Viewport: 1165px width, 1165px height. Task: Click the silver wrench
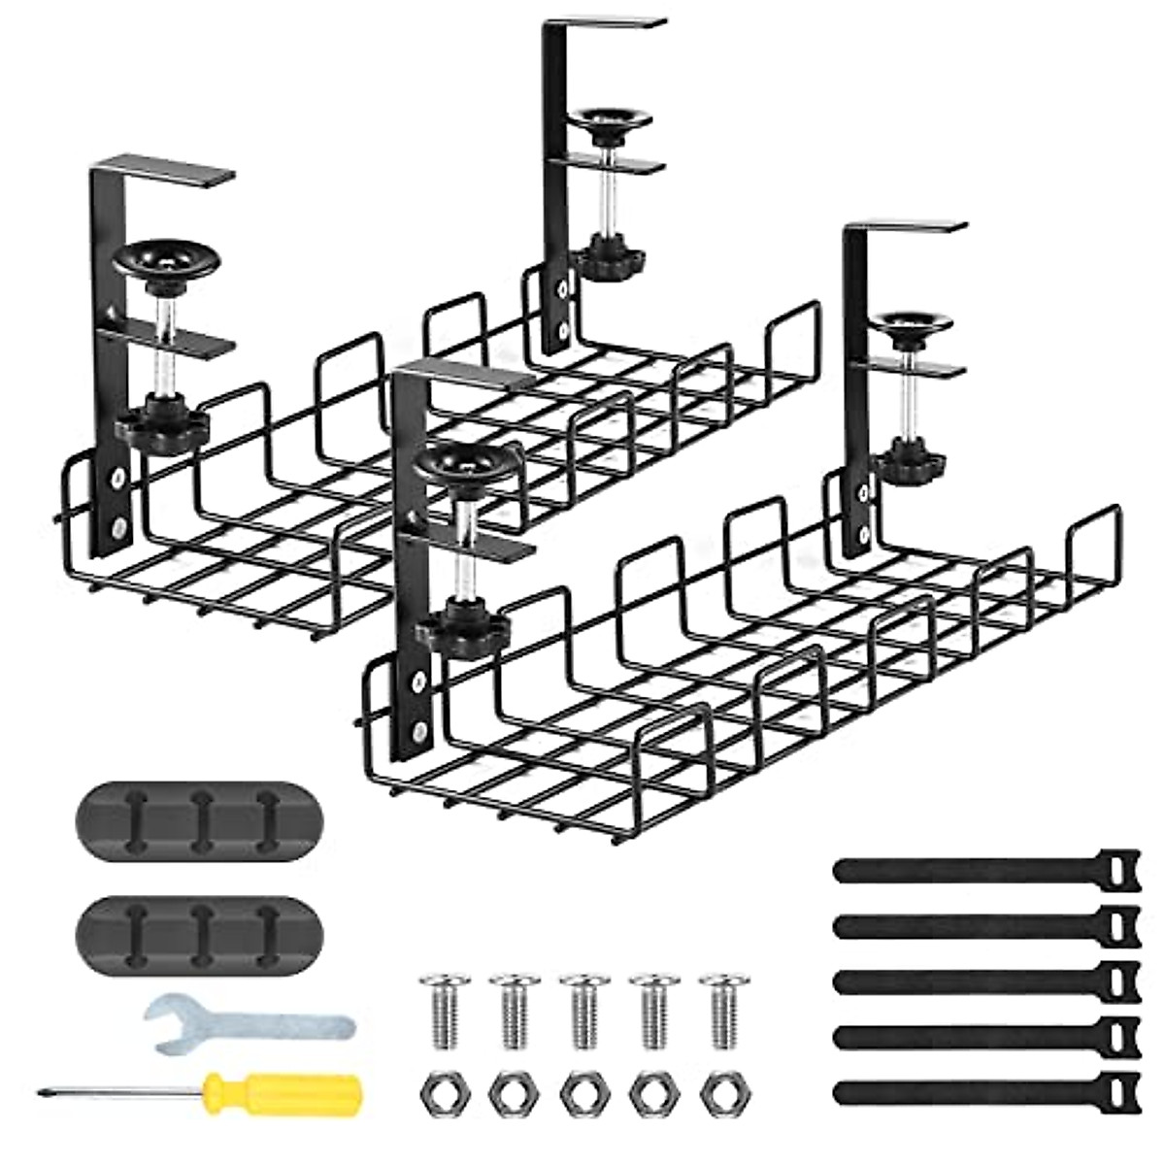pos(248,1025)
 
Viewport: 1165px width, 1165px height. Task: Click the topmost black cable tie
pos(981,869)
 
